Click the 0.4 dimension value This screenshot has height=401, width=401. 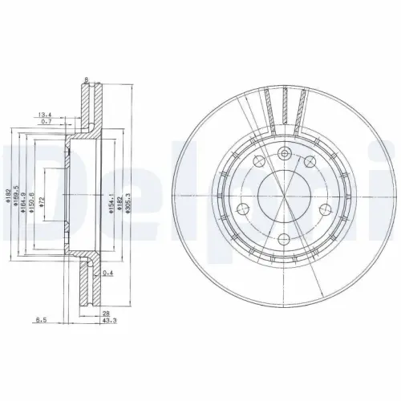[x=107, y=273]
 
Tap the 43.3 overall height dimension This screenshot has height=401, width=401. [x=107, y=322]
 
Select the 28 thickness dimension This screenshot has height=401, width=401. [x=106, y=313]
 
